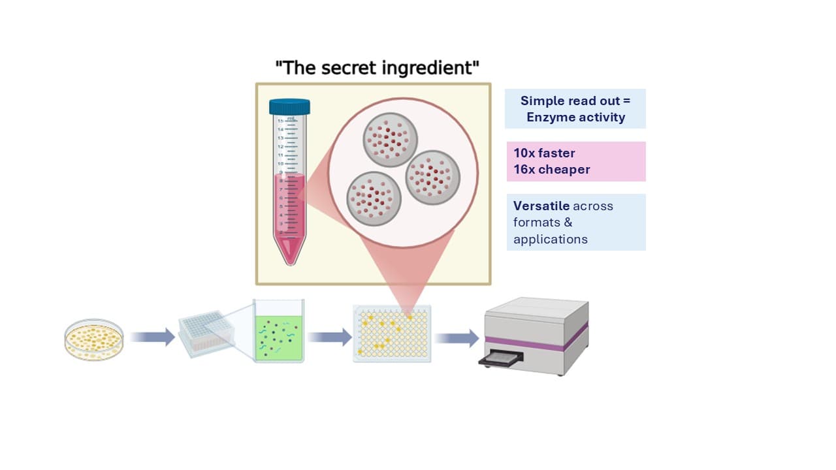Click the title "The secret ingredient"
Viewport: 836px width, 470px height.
(377, 67)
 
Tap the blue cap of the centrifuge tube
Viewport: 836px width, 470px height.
(289, 106)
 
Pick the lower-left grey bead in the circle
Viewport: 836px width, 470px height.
(374, 198)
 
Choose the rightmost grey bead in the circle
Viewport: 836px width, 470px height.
(432, 178)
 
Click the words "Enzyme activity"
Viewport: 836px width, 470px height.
(575, 117)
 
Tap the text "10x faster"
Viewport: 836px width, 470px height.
(544, 153)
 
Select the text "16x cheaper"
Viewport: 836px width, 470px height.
(551, 170)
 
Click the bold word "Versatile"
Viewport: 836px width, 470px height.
(541, 206)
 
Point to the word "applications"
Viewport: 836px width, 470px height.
(550, 239)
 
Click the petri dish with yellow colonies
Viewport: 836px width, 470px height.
(94, 339)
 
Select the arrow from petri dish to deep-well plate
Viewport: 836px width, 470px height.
(152, 337)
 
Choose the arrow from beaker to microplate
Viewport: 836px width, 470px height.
(329, 337)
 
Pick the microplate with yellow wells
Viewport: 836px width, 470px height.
(392, 334)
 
